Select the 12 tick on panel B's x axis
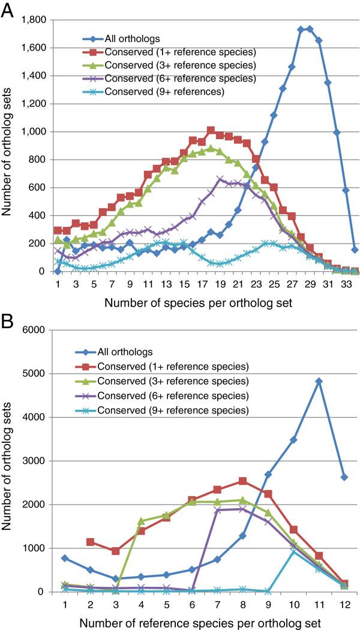pos(344,603)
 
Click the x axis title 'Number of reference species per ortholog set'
pos(197,620)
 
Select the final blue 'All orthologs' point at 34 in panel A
pos(355,250)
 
